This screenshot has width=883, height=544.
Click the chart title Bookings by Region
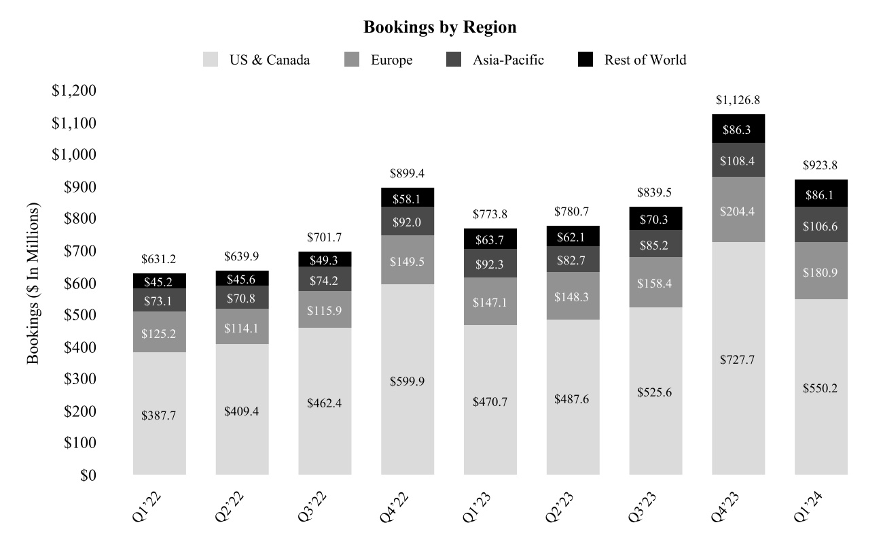coord(440,27)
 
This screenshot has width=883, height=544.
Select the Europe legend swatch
coord(352,60)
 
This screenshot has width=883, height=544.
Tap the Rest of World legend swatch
coord(585,60)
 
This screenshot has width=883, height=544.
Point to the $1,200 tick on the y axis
coord(75,91)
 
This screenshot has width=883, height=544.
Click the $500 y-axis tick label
coord(79,316)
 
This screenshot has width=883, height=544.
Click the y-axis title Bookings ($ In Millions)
coord(33,282)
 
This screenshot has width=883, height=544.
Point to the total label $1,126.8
coord(738,101)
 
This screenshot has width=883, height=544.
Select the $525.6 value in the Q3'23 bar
coord(655,392)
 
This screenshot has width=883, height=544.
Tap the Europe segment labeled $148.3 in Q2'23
coord(573,296)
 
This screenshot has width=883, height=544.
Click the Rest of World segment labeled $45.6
coord(242,279)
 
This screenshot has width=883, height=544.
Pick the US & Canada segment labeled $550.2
coord(821,388)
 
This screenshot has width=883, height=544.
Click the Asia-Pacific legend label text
coord(509,60)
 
